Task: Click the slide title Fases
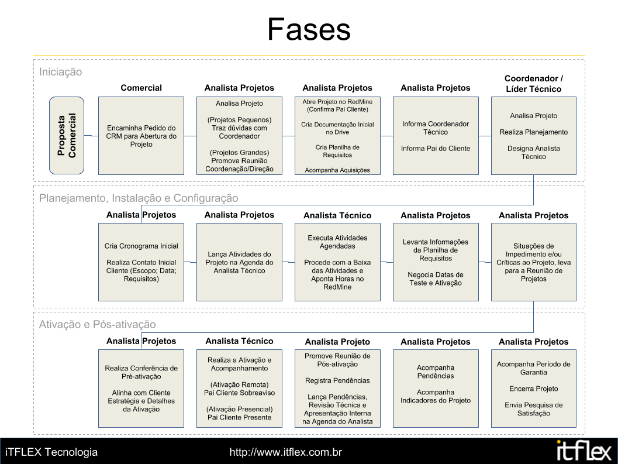tap(309, 29)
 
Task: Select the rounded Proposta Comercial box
tap(67, 135)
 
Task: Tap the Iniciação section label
tap(60, 72)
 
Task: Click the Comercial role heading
tap(141, 88)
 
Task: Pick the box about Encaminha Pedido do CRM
tap(141, 136)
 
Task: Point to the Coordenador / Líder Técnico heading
tap(534, 84)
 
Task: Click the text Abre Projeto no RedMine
tap(337, 102)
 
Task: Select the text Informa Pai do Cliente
tap(436, 149)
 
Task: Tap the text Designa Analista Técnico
tap(534, 152)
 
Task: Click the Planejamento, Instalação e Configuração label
tap(139, 198)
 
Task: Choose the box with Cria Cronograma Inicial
tap(141, 262)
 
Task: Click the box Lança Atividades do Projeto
tap(239, 262)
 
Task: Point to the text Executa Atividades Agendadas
tap(337, 242)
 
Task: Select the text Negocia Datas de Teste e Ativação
tap(436, 279)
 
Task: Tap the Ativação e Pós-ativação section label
tap(98, 324)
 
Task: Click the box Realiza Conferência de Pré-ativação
tap(141, 389)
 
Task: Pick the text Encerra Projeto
tap(534, 389)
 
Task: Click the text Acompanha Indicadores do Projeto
tap(436, 396)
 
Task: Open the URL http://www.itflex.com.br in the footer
tap(286, 452)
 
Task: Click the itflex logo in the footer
tap(584, 450)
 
